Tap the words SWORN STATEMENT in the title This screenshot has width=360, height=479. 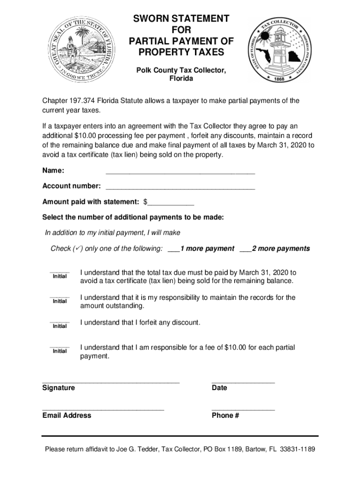point(181,19)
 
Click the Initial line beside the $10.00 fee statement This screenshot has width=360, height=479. point(59,347)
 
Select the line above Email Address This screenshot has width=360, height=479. point(103,409)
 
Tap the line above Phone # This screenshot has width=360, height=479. point(243,409)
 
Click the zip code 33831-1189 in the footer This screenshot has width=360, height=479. point(297,450)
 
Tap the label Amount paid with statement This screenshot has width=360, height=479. point(91,202)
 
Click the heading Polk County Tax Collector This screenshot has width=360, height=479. point(181,70)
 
